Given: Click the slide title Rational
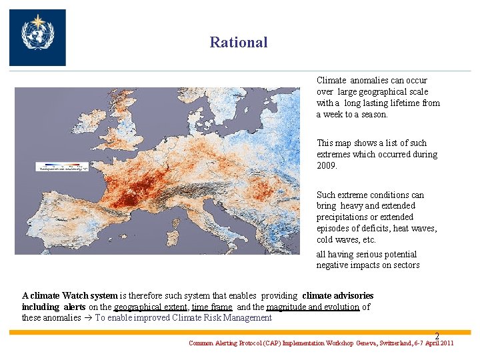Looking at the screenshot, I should (x=239, y=43).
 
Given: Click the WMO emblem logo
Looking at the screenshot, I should (x=37, y=37).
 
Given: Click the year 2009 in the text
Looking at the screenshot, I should (x=327, y=165).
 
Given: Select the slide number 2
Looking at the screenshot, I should (x=437, y=336).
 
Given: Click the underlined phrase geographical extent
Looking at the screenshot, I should (x=151, y=307).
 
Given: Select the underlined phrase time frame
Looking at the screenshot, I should (x=212, y=307).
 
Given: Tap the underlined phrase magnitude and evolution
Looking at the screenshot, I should (x=313, y=307).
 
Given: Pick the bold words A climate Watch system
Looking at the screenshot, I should (x=70, y=295).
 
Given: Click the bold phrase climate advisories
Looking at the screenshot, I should (x=338, y=295).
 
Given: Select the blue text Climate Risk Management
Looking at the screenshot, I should (x=222, y=318).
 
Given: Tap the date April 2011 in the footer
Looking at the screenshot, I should (x=439, y=343).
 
